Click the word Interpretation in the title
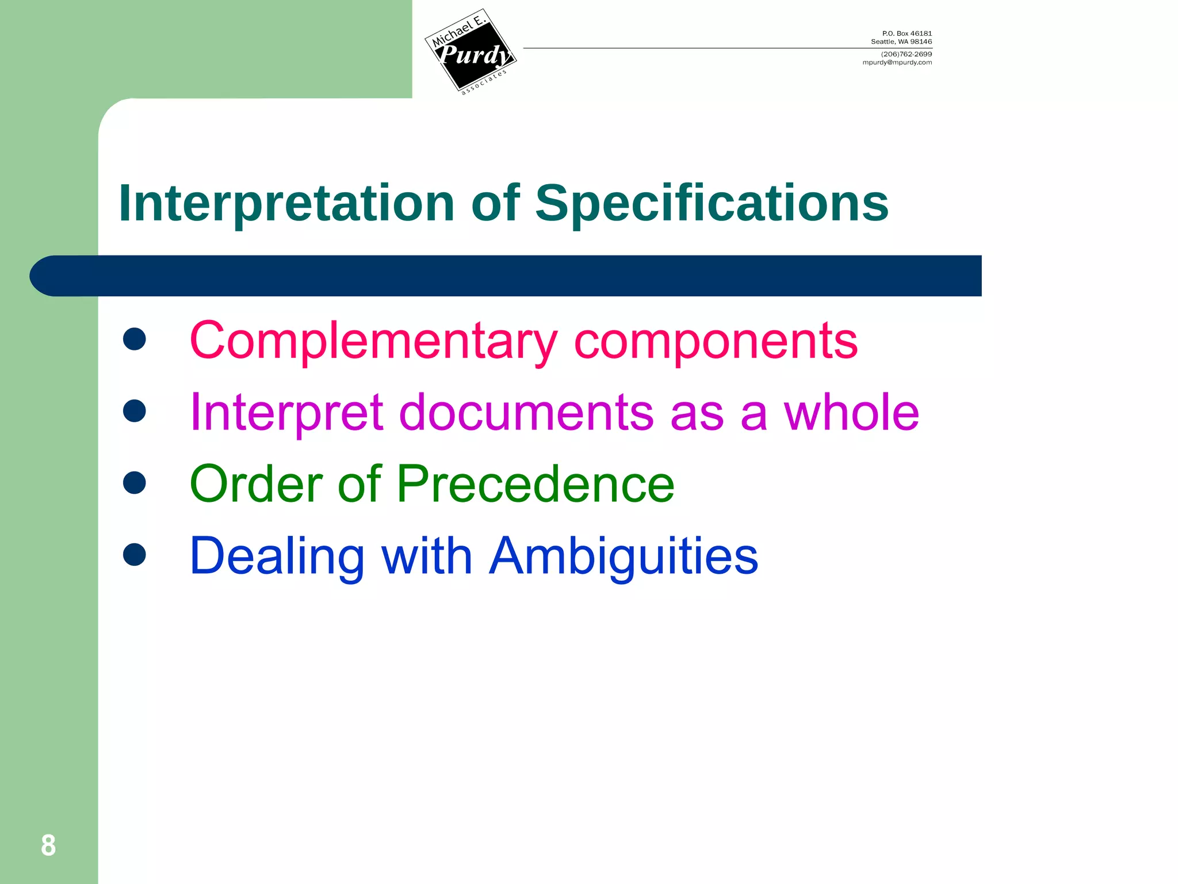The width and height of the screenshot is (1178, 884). pos(286,203)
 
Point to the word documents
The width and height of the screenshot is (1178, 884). pos(526,412)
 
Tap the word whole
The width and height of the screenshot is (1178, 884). pos(851,412)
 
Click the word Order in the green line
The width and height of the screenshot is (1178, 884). pos(255,484)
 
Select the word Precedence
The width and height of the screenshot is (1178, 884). pos(535,484)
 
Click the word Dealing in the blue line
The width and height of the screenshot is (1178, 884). pos(277,557)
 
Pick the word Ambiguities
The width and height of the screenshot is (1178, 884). pos(624,557)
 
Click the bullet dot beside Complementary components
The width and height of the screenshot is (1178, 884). pos(134,340)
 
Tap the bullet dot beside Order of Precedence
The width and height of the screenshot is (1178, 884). pos(134,482)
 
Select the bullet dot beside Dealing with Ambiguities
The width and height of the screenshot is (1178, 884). pos(134,554)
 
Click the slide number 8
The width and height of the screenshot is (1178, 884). pos(48,845)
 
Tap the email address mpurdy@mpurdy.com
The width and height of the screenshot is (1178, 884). pos(897,63)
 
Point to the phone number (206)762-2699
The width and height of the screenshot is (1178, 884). pos(906,54)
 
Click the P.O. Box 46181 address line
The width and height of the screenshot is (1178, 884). pos(907,33)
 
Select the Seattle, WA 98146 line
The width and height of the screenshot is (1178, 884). pos(901,41)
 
